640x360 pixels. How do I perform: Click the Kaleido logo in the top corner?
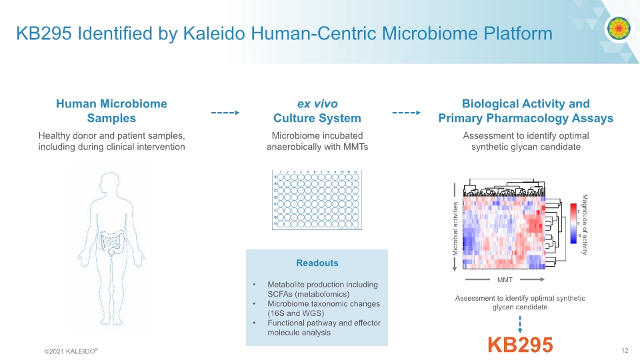tap(618, 29)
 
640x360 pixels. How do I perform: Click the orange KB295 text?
tap(520, 345)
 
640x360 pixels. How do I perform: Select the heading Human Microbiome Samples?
tap(111, 111)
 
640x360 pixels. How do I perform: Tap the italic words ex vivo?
tap(317, 103)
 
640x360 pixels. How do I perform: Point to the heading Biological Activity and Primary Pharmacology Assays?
tap(525, 111)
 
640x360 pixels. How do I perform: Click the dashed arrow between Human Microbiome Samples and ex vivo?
tap(225, 113)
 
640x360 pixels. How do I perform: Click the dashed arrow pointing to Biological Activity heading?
tap(406, 113)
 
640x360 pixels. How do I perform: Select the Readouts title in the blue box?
tap(317, 263)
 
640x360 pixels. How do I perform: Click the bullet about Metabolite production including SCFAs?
tap(322, 289)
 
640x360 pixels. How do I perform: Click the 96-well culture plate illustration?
tap(317, 200)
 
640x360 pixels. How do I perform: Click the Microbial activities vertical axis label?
tap(455, 227)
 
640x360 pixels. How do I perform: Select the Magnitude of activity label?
tap(585, 224)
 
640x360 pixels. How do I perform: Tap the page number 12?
tap(625, 351)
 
